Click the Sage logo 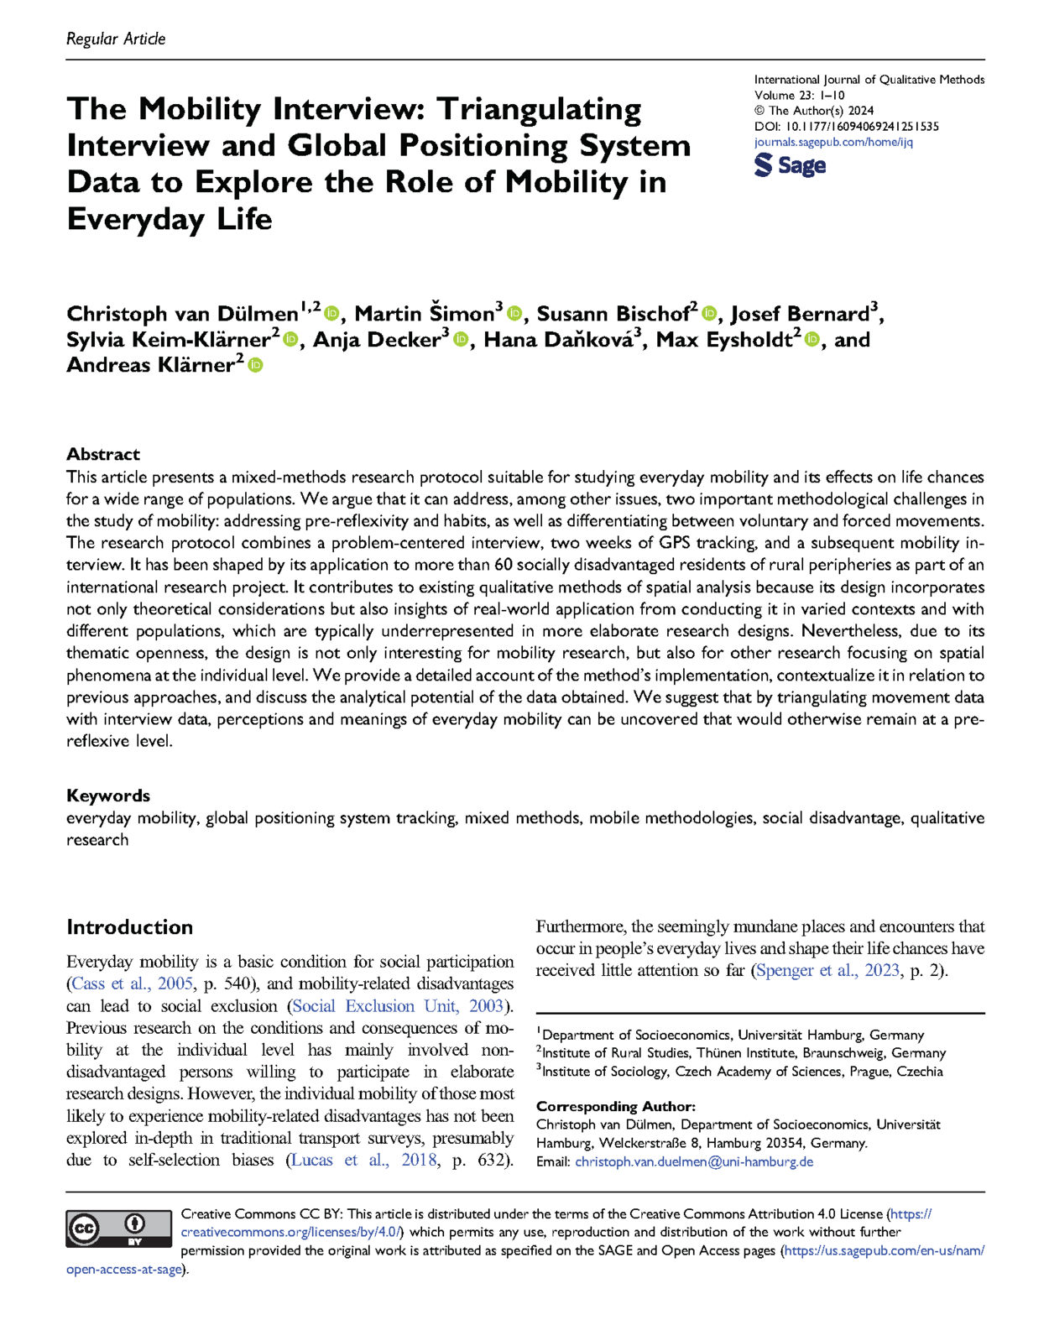(x=790, y=165)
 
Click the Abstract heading (x=103, y=454)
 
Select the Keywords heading (x=108, y=795)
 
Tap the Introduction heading (x=130, y=926)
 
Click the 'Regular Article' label (x=116, y=39)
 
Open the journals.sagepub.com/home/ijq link (x=833, y=142)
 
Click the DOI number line (x=846, y=126)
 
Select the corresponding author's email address (x=694, y=1161)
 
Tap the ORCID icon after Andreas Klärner (x=256, y=365)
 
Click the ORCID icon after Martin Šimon (x=514, y=314)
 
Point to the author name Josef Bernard (x=800, y=314)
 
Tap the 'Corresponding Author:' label (x=616, y=1106)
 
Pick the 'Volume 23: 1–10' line (x=800, y=95)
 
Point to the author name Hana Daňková (x=558, y=340)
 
